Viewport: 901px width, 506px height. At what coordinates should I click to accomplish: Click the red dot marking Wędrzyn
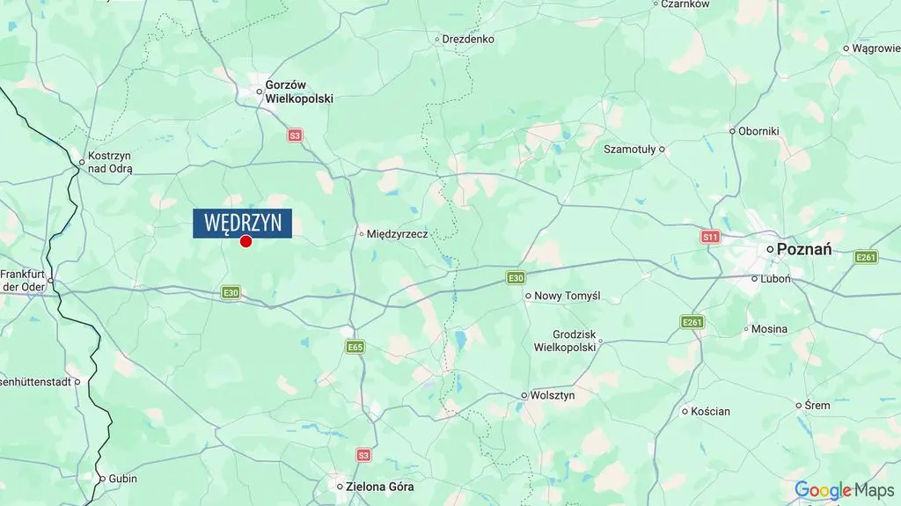click(x=246, y=241)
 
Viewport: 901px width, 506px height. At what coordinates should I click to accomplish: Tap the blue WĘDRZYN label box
click(x=243, y=223)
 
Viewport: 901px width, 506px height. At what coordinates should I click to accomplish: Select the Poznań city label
click(x=804, y=249)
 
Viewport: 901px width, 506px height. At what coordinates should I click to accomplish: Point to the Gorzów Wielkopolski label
click(x=299, y=92)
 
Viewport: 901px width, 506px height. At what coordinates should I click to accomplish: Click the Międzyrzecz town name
click(x=397, y=234)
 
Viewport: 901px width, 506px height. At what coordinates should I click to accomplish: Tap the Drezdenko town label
click(x=468, y=39)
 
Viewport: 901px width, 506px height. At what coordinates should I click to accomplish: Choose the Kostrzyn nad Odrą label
click(x=110, y=162)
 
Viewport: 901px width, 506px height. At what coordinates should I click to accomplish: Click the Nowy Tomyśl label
click(x=568, y=296)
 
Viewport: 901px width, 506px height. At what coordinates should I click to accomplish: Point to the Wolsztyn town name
click(x=553, y=396)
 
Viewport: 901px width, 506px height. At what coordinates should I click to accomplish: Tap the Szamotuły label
click(x=629, y=150)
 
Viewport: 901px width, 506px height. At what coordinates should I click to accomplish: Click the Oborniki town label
click(x=758, y=131)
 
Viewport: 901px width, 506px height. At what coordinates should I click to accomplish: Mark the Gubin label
click(x=123, y=479)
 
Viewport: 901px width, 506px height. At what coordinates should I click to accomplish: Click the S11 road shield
click(x=711, y=237)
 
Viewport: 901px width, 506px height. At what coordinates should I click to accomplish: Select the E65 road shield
click(x=355, y=347)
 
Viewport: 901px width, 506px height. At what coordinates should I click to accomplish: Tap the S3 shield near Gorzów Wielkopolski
click(x=295, y=136)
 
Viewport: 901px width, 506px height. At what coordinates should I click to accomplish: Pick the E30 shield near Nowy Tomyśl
click(x=516, y=278)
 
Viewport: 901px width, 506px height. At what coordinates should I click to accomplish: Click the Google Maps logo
click(x=844, y=490)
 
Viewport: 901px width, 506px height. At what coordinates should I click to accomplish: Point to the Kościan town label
click(x=710, y=411)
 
